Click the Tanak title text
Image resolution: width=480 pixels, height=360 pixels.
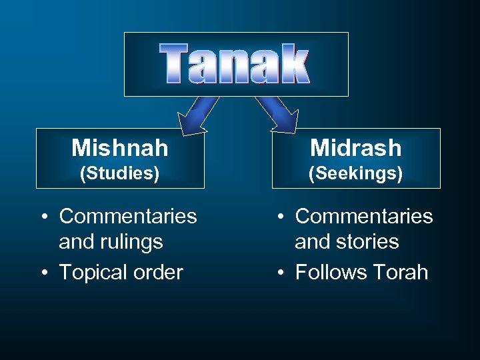click(x=235, y=64)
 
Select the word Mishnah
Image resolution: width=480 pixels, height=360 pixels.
click(x=119, y=147)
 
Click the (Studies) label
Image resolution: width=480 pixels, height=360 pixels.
click(x=119, y=173)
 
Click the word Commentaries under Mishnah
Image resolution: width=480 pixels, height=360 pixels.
click(x=128, y=216)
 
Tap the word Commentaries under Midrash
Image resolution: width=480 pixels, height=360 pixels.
click(x=364, y=216)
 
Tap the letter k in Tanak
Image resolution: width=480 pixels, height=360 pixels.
click(x=294, y=64)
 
